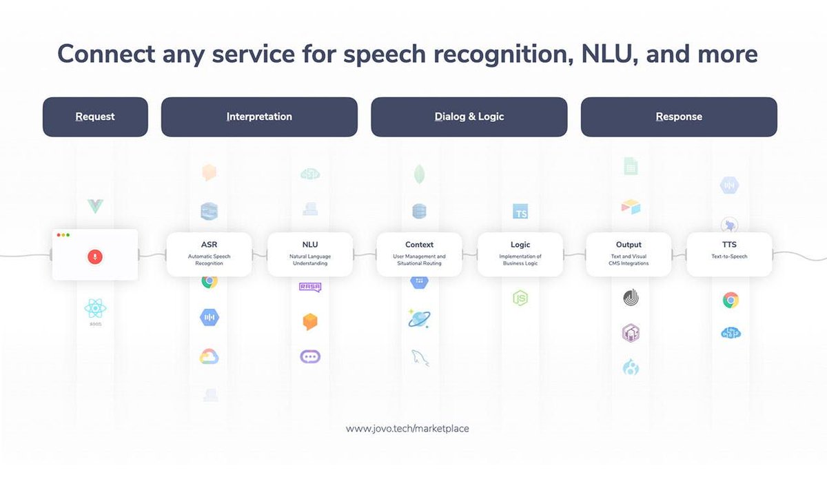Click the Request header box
point(95,117)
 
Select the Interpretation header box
point(259,117)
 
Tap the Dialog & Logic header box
point(469,117)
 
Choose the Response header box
point(679,117)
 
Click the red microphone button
point(95,256)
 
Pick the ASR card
point(209,254)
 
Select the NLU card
point(310,254)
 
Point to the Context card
point(419,254)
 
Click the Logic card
point(520,254)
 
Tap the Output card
point(628,254)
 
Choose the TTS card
point(729,254)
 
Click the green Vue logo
point(95,205)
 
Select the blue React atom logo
point(95,307)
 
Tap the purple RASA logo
point(310,287)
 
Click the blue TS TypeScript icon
point(520,212)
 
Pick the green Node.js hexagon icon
point(520,299)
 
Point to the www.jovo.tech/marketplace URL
point(407,428)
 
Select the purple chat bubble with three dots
point(310,357)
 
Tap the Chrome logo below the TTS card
point(731,300)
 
